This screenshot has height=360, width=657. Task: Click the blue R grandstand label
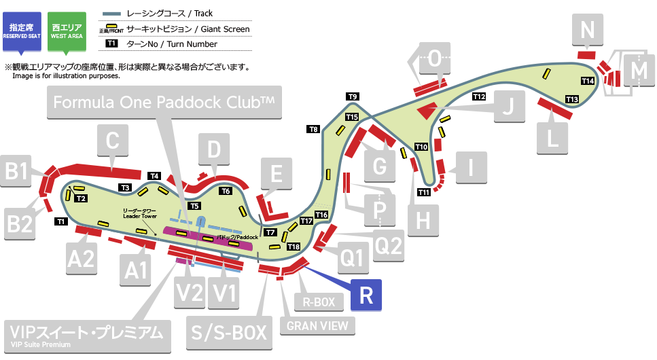(x=366, y=295)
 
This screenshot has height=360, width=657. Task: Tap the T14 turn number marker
(x=588, y=82)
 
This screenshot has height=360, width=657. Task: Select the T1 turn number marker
(x=60, y=221)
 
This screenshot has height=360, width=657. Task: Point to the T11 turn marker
(x=424, y=192)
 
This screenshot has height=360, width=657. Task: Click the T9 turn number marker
(x=353, y=96)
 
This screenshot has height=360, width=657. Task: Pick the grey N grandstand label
(x=588, y=29)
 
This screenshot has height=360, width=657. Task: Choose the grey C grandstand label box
(x=113, y=142)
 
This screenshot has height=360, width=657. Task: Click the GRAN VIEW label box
(x=317, y=325)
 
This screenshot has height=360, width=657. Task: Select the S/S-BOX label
(x=227, y=333)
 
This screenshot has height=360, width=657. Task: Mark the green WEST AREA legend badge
(x=67, y=31)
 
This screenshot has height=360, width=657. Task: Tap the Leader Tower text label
(x=140, y=214)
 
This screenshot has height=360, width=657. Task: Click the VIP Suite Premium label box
(x=86, y=335)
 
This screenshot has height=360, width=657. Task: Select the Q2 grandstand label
(x=389, y=246)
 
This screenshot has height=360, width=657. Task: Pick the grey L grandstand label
(x=552, y=139)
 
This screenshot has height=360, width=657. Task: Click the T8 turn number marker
(x=313, y=129)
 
